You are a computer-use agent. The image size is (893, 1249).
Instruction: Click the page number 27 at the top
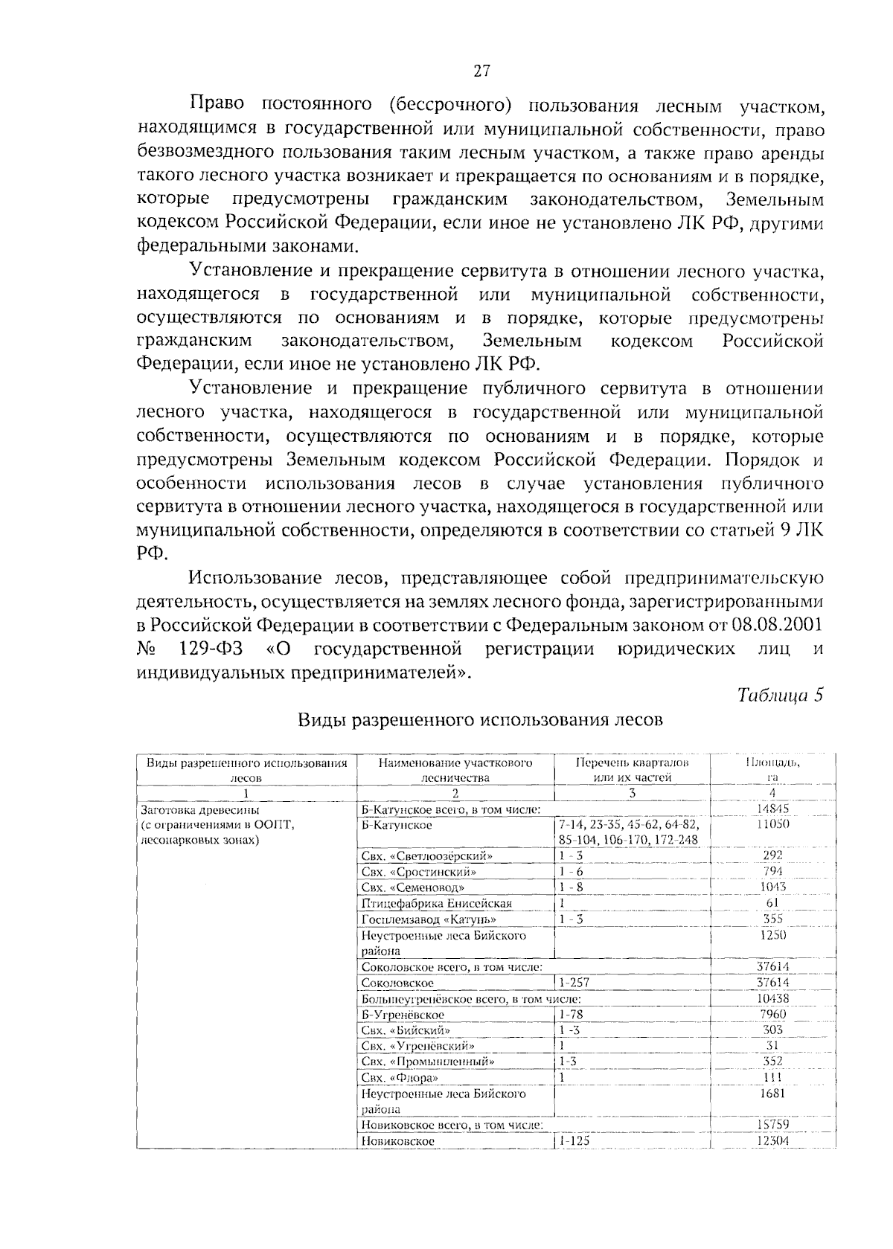click(481, 71)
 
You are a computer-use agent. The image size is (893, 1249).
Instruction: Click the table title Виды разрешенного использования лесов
click(480, 719)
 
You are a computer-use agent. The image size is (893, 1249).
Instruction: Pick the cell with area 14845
click(772, 809)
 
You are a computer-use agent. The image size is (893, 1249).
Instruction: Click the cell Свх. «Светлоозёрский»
click(427, 855)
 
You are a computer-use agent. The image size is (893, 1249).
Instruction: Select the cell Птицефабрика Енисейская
click(437, 903)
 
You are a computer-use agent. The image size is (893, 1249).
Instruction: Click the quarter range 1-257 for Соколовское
click(574, 983)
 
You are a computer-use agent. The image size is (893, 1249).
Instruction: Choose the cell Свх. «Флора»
click(400, 1078)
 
